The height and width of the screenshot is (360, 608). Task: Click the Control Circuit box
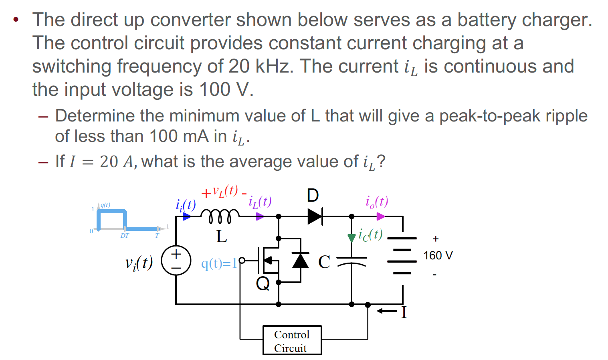(292, 340)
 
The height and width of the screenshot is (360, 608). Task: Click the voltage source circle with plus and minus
(176, 260)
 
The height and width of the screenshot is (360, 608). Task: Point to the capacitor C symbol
(351, 261)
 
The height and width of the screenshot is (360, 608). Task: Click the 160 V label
(438, 255)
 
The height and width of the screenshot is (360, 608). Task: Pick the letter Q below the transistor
(263, 283)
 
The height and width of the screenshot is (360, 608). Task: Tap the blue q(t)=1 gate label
(219, 263)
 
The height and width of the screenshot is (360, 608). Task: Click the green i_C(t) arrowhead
(351, 238)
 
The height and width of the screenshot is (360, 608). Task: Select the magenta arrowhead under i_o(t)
(380, 216)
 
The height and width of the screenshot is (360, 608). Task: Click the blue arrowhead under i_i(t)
(186, 216)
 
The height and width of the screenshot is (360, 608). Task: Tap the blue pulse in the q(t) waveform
(112, 212)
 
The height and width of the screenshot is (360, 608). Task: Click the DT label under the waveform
(125, 236)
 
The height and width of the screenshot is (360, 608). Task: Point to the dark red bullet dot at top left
(16, 20)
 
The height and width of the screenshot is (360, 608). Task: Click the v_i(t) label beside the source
(139, 263)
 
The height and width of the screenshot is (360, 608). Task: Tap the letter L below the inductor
(221, 237)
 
